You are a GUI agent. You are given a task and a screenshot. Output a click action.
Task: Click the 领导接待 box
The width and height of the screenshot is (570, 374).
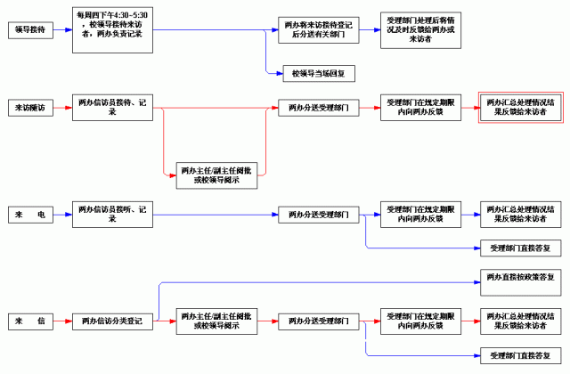(x=29, y=29)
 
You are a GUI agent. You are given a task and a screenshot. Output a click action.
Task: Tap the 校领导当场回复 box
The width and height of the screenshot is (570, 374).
(x=318, y=73)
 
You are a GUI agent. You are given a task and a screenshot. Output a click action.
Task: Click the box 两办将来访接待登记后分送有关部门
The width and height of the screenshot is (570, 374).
(x=318, y=30)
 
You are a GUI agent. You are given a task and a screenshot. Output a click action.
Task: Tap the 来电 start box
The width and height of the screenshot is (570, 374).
(x=29, y=215)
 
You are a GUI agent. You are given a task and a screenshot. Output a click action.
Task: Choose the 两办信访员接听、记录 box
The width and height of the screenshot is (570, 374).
(x=111, y=215)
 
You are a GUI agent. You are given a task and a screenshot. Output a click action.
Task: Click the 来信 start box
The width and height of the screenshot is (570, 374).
(x=29, y=321)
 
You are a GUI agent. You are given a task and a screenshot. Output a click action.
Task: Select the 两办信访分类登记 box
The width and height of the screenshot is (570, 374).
(x=111, y=321)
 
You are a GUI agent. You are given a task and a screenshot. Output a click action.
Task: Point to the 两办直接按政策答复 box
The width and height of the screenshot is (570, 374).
(x=520, y=277)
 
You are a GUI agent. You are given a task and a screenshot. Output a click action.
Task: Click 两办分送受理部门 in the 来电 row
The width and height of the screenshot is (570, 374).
(x=318, y=215)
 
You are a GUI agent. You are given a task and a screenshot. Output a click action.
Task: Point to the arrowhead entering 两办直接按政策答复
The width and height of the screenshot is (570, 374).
(x=475, y=277)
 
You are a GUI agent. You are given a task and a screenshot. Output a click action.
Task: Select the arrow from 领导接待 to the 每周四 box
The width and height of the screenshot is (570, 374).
(x=62, y=29)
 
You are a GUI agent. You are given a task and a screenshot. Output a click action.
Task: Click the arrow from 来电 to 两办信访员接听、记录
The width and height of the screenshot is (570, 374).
(x=62, y=215)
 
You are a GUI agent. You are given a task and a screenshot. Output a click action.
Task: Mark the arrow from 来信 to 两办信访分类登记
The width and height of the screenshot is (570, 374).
(x=62, y=321)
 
